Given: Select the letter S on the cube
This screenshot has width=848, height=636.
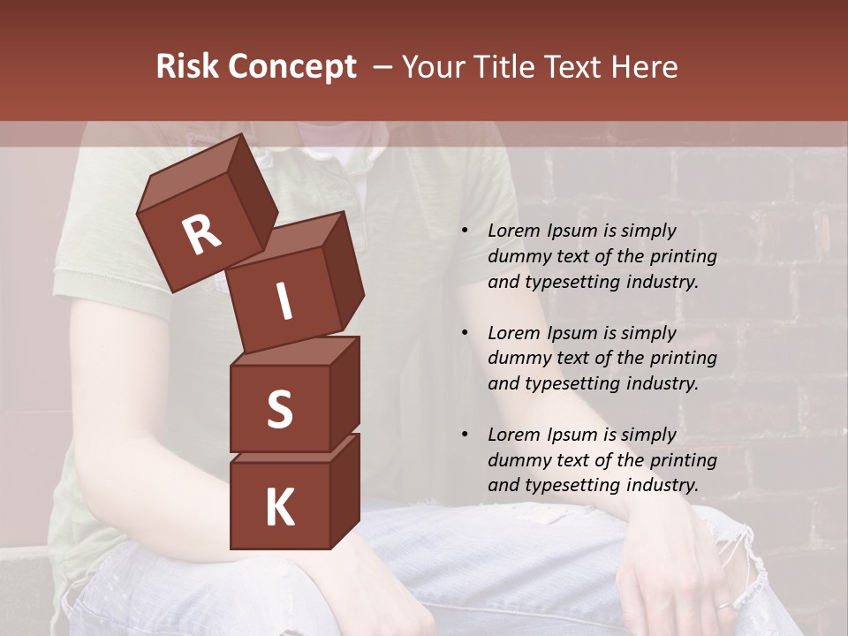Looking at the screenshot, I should click(x=279, y=409).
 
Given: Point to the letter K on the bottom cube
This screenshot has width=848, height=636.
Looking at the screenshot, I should click(x=279, y=508).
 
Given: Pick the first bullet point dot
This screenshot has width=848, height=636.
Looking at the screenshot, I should click(x=465, y=231).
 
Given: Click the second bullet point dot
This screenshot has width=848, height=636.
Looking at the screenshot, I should click(x=465, y=333).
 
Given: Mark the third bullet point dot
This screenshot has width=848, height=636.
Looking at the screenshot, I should click(x=465, y=435).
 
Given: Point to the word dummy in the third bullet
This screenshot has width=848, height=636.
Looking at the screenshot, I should click(x=518, y=460).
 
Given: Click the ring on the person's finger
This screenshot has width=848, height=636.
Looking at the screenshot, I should click(x=722, y=605).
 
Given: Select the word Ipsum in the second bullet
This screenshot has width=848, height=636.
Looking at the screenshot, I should click(x=572, y=333).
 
